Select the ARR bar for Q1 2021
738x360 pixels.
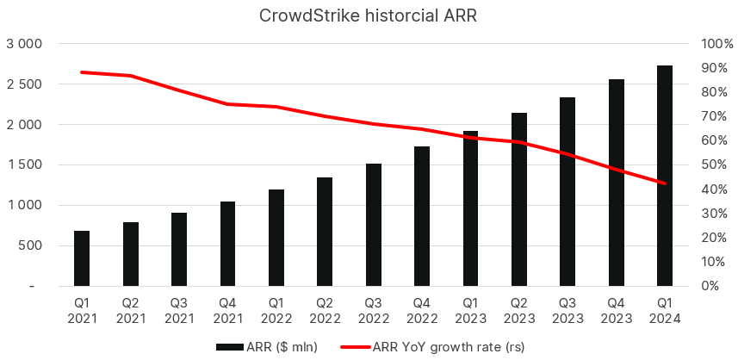[x=82, y=258]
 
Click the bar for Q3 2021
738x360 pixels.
[x=179, y=249]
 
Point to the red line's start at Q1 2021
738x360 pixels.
[x=82, y=72]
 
